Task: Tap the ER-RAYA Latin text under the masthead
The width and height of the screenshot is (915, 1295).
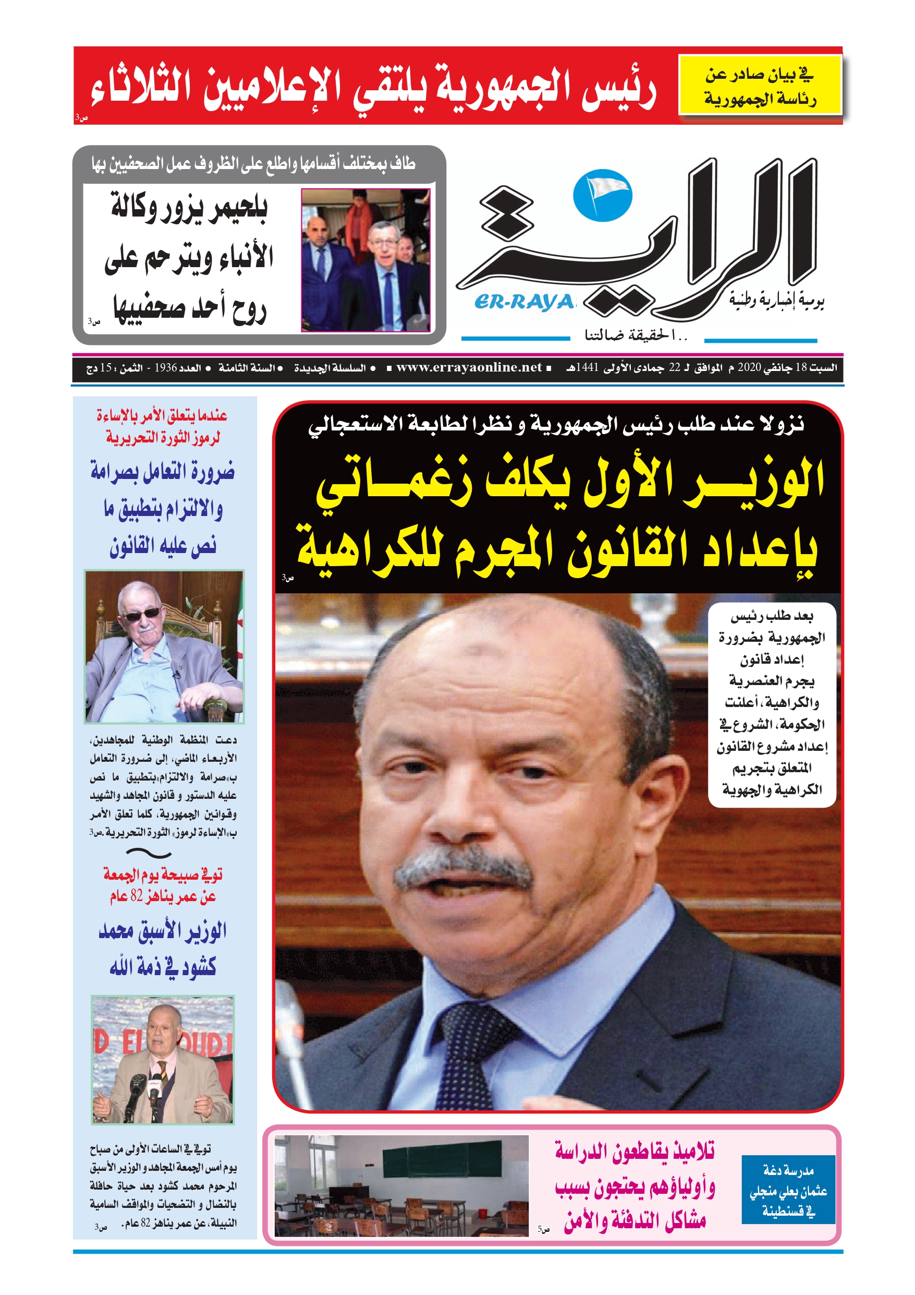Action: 524,303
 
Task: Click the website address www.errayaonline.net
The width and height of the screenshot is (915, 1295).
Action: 469,368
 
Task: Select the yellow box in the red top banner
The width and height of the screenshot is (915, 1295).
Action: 760,85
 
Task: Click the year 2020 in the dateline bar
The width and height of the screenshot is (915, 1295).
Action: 749,368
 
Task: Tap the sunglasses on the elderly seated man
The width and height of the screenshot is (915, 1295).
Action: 142,614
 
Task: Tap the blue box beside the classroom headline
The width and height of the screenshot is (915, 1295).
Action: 788,1191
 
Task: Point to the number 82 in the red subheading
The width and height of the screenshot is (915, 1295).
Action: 137,896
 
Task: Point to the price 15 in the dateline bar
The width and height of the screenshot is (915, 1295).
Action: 105,368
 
